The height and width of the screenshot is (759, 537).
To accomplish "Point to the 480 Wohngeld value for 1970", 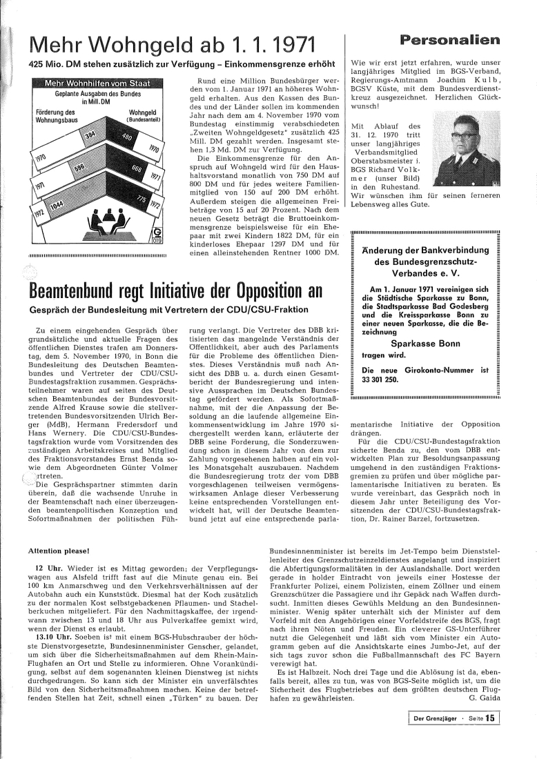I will click(127, 137).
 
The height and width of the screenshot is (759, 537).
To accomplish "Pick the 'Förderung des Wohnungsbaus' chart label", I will click(55, 115).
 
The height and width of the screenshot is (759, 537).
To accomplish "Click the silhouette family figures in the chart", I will click(99, 220).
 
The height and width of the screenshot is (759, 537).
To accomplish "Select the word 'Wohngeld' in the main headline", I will click(143, 48).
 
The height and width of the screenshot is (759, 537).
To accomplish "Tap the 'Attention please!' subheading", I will click(59, 551).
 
